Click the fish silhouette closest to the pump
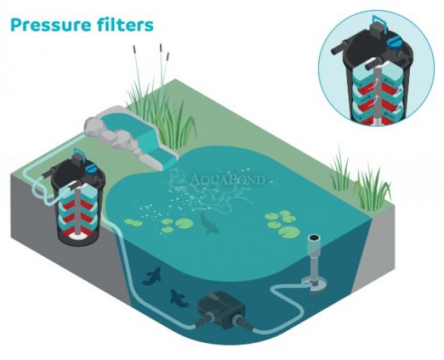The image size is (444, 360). [178, 296]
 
